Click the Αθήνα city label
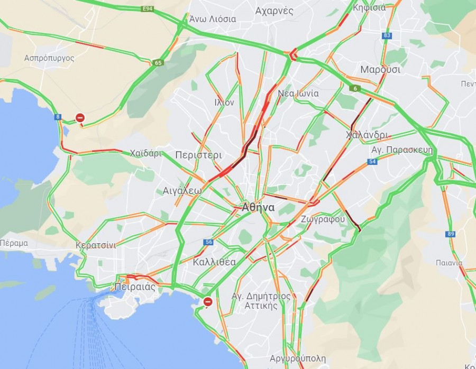pyautogui.click(x=258, y=208)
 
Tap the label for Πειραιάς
pyautogui.click(x=135, y=288)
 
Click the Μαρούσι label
pyautogui.click(x=380, y=70)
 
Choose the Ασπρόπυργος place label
pyautogui.click(x=49, y=58)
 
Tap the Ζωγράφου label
pyautogui.click(x=323, y=219)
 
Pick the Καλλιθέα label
pyautogui.click(x=214, y=262)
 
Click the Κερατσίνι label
pyautogui.click(x=96, y=245)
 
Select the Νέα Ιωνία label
pyautogui.click(x=298, y=94)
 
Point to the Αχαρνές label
pyautogui.click(x=274, y=11)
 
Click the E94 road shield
pyautogui.click(x=148, y=9)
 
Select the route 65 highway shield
pyautogui.click(x=158, y=63)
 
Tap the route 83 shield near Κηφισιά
pyautogui.click(x=388, y=35)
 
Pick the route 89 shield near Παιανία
pyautogui.click(x=450, y=234)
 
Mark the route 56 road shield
pyautogui.click(x=208, y=242)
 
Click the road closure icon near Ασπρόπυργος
pyautogui.click(x=80, y=117)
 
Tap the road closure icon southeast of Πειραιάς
pyautogui.click(x=208, y=302)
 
